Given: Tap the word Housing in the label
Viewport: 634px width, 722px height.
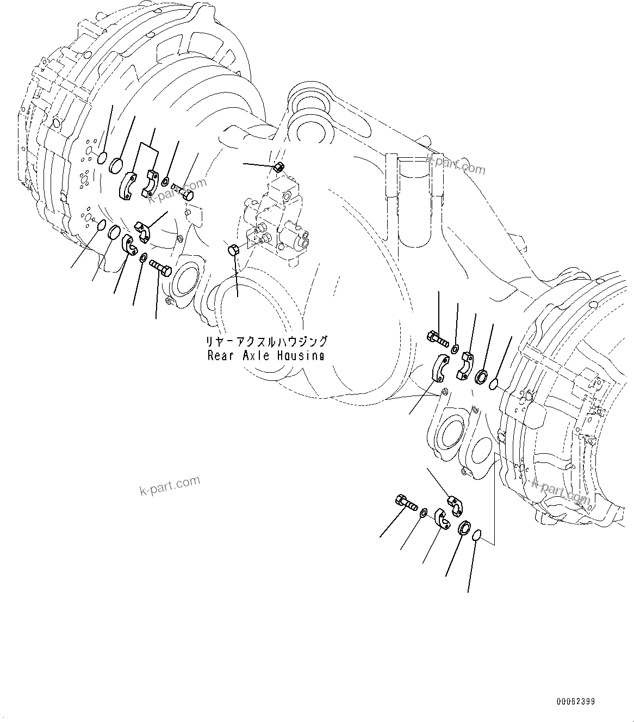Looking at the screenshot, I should point(299,355).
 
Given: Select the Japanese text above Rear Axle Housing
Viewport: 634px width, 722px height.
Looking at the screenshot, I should point(266,342).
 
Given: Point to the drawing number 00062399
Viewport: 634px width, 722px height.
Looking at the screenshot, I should point(575,702).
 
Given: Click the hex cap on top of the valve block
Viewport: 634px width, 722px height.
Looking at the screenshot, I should point(278,166).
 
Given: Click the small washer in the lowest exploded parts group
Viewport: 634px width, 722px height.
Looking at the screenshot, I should point(424,511).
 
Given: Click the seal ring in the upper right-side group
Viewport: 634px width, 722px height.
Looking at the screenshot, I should point(481,376).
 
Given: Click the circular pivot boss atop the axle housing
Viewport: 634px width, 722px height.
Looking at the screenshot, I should point(308,134).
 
